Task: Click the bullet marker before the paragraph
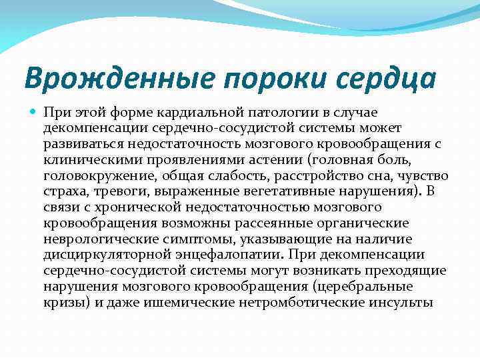click(33, 113)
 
